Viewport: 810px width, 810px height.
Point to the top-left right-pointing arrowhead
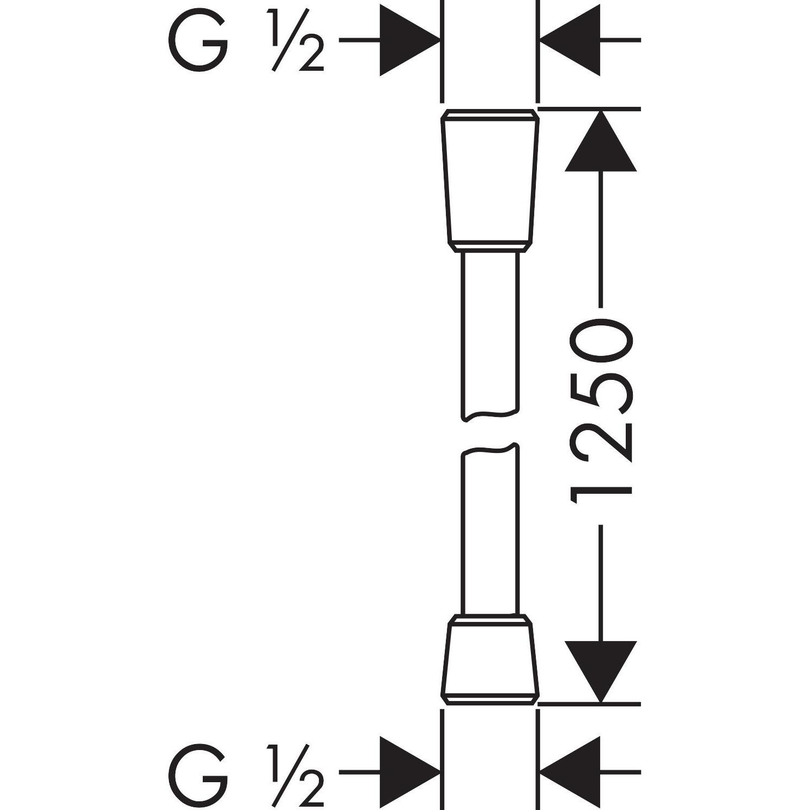point(409,40)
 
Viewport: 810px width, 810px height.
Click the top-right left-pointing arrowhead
point(569,40)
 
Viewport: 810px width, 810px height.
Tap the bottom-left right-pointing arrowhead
point(409,772)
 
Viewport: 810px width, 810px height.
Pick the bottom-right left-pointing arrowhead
point(569,772)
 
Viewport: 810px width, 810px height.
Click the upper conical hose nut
point(489,181)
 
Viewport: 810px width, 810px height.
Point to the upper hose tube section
point(489,335)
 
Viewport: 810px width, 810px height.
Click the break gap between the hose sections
point(489,432)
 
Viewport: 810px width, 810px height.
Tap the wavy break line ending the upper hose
point(489,415)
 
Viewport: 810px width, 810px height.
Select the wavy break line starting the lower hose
point(489,449)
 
